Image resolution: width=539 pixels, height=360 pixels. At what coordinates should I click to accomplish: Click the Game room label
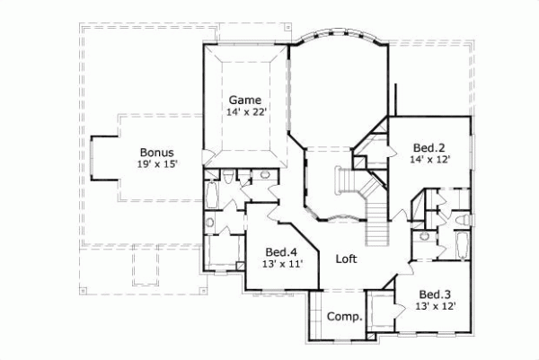click(x=244, y=99)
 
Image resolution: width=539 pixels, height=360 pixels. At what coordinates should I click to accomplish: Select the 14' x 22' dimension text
click(x=244, y=112)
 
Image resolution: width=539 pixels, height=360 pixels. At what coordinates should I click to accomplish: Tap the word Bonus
click(x=156, y=152)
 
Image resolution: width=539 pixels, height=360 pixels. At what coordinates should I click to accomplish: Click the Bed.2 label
click(x=429, y=146)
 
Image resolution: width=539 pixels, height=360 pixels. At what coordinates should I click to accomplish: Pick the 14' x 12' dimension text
click(x=429, y=159)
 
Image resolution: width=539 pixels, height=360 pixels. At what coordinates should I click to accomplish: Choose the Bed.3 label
click(x=435, y=294)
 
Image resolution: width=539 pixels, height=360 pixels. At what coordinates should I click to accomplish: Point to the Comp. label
click(x=344, y=316)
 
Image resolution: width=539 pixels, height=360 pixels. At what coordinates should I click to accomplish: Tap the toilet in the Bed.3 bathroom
click(x=462, y=220)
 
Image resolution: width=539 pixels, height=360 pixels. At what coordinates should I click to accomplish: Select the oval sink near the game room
click(x=208, y=223)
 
